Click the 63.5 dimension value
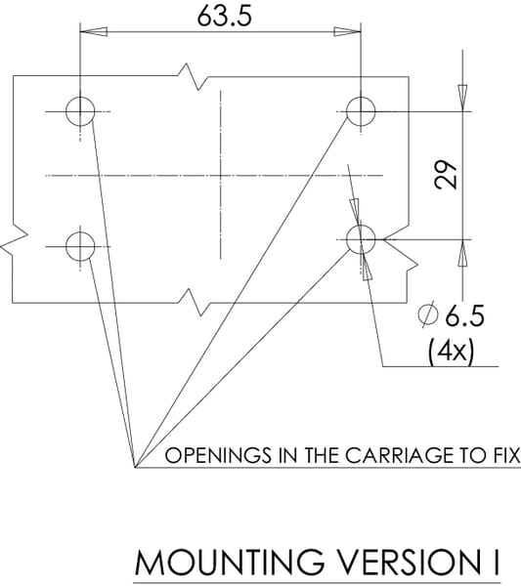[x=225, y=17]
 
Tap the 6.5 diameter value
[x=465, y=315]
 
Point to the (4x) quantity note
[x=451, y=352]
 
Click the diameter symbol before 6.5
[x=428, y=314]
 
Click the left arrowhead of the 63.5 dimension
[x=94, y=32]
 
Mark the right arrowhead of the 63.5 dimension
[x=347, y=32]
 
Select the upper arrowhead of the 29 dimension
[x=462, y=98]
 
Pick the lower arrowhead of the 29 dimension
[x=462, y=253]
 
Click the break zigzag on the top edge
[x=193, y=77]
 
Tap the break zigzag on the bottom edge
[x=193, y=303]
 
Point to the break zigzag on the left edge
[x=14, y=240]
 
